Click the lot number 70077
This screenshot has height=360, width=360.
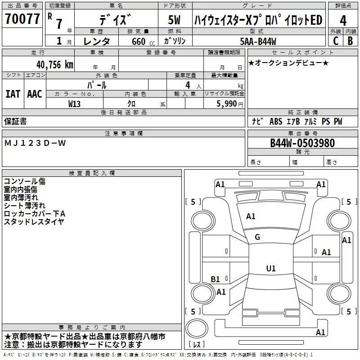22,19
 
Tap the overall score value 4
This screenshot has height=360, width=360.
343,20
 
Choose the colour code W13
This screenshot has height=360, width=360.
75,104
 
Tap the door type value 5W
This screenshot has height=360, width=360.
175,20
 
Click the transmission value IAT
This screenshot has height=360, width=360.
13,94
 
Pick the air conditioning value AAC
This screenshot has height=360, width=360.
35,94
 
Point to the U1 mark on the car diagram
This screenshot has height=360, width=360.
270,269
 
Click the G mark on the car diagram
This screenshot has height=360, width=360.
257,237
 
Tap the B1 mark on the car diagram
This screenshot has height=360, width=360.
216,279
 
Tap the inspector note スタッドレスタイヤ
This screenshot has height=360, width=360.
34,221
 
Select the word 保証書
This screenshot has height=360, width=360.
15,121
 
